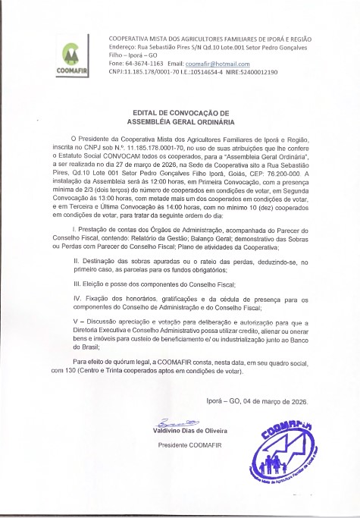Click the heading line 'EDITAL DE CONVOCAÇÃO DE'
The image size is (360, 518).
(180, 112)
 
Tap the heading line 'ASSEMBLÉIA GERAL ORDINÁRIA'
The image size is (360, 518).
(180, 120)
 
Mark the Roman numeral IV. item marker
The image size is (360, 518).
(76, 298)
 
